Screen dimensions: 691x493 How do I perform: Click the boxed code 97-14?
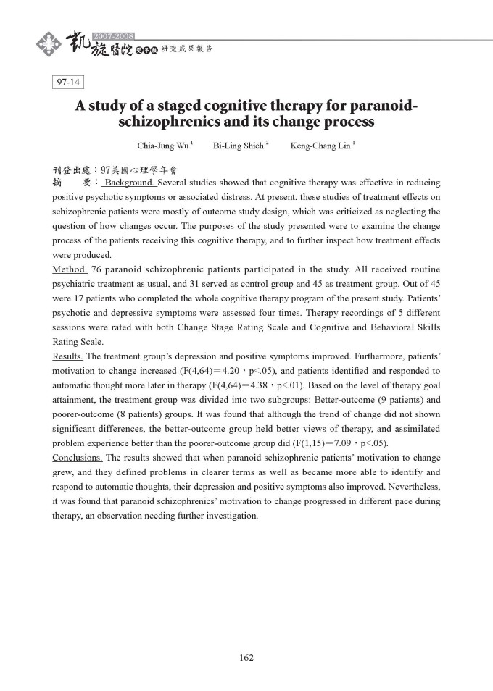click(69, 83)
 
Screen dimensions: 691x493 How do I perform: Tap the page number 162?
click(246, 658)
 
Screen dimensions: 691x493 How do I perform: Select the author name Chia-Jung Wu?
click(163, 146)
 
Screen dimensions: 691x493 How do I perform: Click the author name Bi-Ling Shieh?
click(239, 146)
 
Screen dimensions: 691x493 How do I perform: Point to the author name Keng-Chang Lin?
click(320, 146)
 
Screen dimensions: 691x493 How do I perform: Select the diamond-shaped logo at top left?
click(49, 45)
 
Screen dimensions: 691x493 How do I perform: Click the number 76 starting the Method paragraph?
click(97, 269)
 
